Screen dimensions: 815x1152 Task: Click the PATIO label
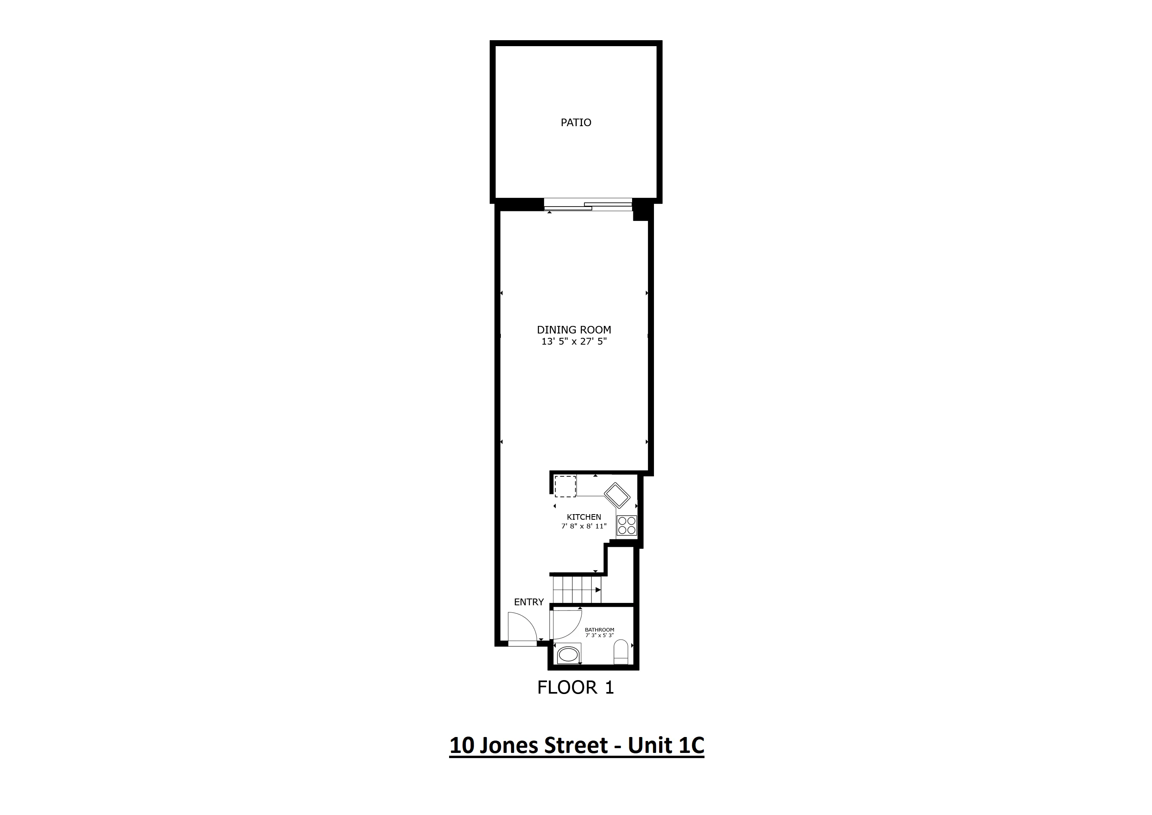(576, 123)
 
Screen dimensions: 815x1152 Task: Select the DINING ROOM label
(574, 330)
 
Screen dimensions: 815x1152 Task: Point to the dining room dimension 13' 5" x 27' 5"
(574, 342)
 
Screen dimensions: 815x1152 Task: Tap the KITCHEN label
(584, 517)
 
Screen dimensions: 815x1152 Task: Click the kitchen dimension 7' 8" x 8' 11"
(584, 526)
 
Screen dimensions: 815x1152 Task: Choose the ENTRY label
(529, 602)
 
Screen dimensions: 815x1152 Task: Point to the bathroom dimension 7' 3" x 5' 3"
(599, 636)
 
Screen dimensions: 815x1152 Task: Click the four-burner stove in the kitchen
(627, 525)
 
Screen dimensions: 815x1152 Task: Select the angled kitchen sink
(617, 495)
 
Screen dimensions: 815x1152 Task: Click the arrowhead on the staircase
(598, 590)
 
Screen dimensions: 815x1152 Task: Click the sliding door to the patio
(588, 205)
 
